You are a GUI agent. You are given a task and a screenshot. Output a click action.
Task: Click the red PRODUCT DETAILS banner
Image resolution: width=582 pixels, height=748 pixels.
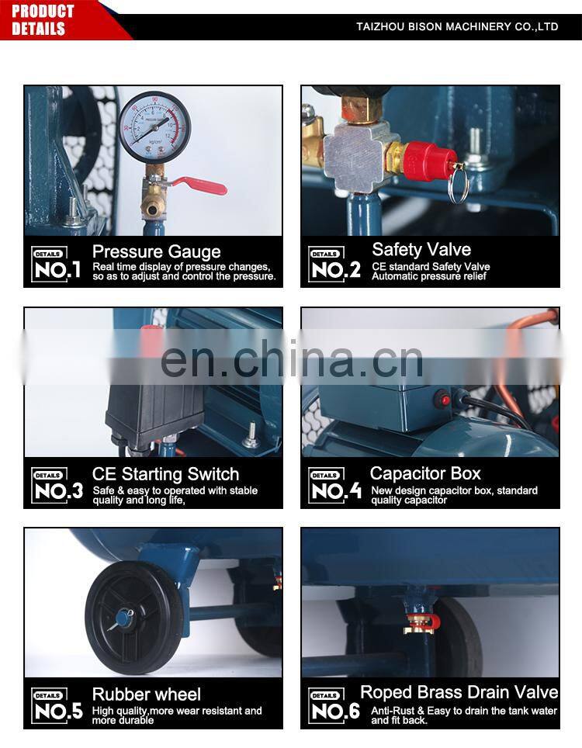[x=53, y=20]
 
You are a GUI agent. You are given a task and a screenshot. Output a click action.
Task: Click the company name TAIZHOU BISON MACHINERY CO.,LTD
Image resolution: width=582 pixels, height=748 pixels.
[x=457, y=26]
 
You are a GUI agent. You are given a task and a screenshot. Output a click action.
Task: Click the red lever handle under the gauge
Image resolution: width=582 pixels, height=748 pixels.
[x=199, y=185]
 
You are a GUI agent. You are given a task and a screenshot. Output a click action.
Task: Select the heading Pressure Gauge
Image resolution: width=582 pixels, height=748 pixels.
[x=157, y=251]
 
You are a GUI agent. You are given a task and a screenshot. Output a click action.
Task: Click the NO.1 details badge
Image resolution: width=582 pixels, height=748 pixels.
[x=57, y=264]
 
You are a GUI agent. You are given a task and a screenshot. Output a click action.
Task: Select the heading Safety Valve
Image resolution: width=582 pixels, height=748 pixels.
[x=421, y=249]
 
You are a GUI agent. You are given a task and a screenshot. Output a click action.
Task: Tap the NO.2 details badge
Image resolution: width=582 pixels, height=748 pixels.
[x=334, y=265]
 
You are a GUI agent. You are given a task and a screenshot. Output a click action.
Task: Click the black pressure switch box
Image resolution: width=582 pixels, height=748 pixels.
[x=151, y=410]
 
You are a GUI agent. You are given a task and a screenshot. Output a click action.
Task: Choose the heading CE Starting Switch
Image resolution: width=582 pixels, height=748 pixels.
[x=165, y=474]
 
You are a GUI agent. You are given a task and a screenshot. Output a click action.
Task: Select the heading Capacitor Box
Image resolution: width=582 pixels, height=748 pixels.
[x=425, y=473]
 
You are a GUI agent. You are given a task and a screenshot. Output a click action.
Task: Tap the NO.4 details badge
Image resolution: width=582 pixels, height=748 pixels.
[x=334, y=486]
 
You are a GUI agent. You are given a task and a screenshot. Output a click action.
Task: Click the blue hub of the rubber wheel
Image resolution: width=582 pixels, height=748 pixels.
[x=123, y=618]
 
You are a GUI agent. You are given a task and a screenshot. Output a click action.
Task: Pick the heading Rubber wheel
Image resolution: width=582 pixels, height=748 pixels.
[x=146, y=694]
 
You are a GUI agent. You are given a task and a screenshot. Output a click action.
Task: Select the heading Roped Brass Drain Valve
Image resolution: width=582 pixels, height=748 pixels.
[x=459, y=692]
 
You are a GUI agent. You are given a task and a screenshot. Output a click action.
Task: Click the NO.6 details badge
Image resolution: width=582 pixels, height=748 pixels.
[x=334, y=706]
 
